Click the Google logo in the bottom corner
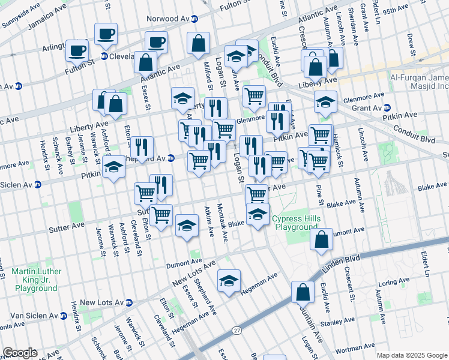click(20, 353)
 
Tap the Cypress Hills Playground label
click(295, 223)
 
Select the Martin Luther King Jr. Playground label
click(34, 280)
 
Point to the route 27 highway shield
click(237, 331)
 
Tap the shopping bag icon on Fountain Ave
click(303, 292)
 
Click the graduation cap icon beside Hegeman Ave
click(229, 281)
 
